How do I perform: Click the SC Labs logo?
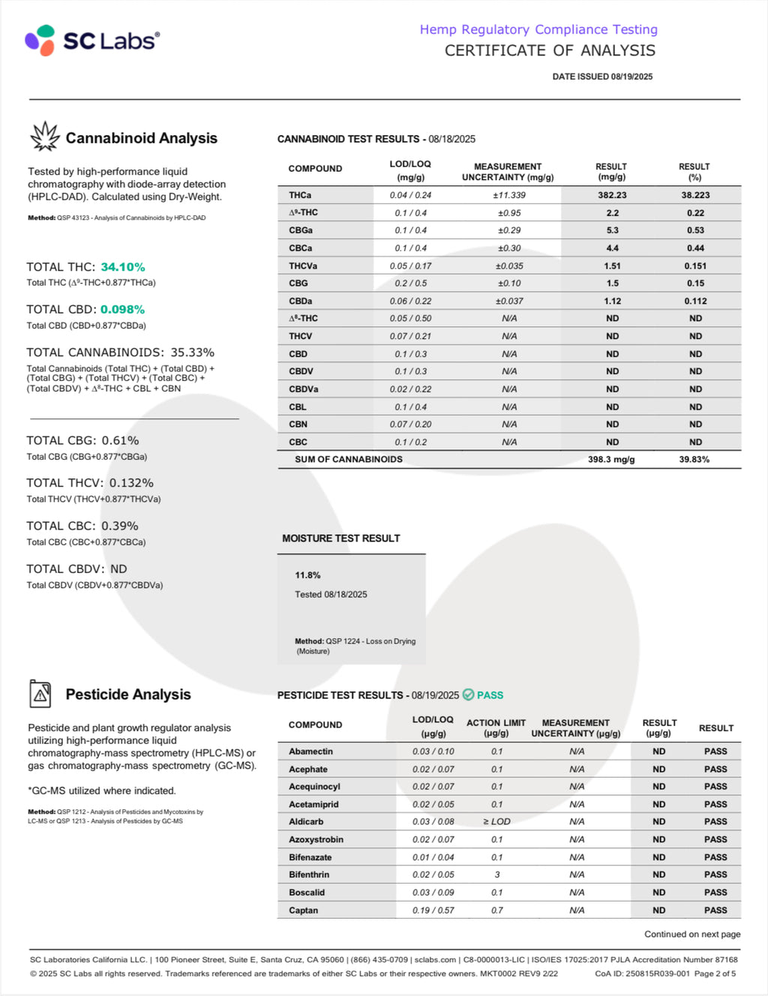coord(92,40)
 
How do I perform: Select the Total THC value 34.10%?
coord(123,267)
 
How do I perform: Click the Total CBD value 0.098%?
coord(122,309)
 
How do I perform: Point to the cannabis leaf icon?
coord(44,136)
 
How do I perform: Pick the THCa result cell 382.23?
coord(612,195)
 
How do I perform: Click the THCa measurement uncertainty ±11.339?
coord(508,195)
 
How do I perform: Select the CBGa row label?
coord(301,230)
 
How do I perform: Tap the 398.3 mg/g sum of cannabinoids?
coord(611,459)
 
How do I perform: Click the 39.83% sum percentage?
coord(694,459)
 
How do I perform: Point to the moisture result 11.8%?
coord(307,575)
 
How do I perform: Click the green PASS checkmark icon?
coord(469,694)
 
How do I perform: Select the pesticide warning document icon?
coord(40,694)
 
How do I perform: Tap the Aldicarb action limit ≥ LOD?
coord(496,821)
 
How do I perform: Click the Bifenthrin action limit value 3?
coord(496,874)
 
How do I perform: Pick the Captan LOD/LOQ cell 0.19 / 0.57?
coord(433,910)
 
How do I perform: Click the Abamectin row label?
coord(310,751)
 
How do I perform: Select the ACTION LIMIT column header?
coord(496,727)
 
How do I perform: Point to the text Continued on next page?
coord(692,934)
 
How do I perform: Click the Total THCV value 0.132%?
coord(131,483)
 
